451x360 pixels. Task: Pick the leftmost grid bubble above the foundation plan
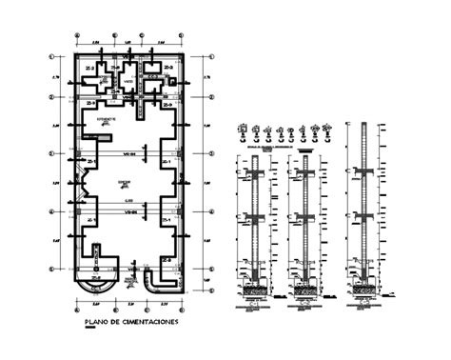click(76, 40)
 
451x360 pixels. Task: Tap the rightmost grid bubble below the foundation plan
click(182, 306)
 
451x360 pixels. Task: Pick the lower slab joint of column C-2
click(306, 217)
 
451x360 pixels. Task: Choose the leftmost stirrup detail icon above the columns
click(246, 127)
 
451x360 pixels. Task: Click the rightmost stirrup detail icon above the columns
click(327, 127)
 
